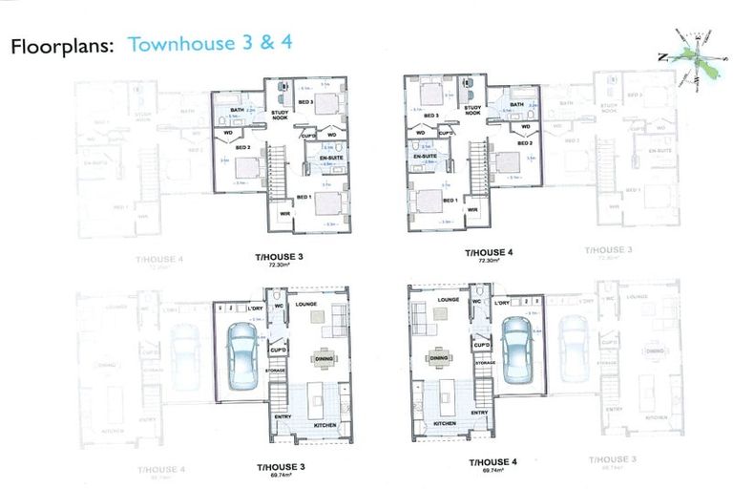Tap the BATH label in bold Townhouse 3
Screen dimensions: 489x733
pos(237,110)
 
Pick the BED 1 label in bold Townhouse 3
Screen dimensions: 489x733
pos(304,197)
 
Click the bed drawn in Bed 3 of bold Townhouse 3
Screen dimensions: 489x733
pos(328,103)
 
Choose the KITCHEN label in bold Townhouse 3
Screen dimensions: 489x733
pos(325,424)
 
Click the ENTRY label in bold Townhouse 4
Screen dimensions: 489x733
pos(479,412)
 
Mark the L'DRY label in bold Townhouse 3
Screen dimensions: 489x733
pos(255,308)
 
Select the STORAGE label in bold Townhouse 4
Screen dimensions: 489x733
pos(484,363)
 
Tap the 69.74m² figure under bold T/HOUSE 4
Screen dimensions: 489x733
pos(492,469)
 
